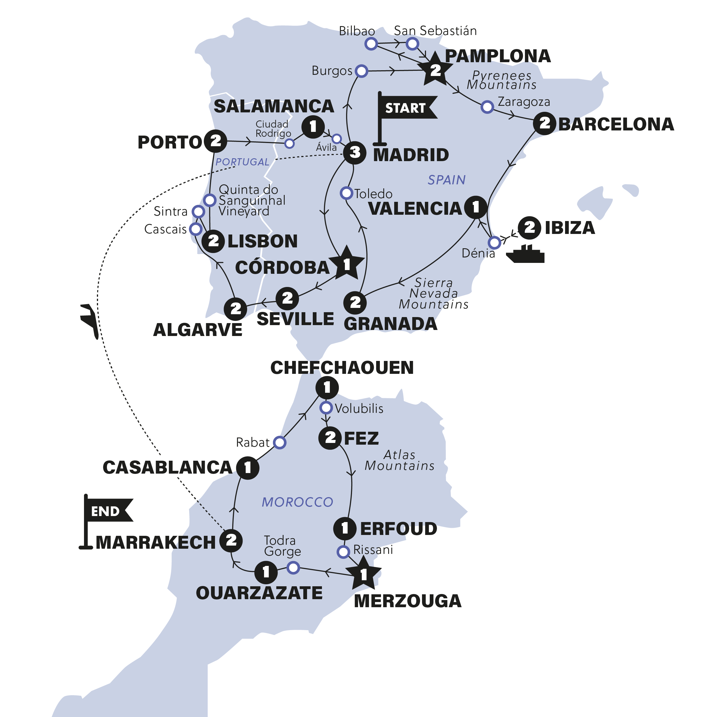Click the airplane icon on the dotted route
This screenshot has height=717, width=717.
click(90, 320)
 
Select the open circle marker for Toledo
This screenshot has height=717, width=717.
click(346, 193)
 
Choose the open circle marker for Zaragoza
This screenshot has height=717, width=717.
click(487, 107)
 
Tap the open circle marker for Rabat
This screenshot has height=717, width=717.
click(280, 442)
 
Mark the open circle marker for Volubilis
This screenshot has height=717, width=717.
click(326, 408)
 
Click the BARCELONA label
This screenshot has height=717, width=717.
click(616, 124)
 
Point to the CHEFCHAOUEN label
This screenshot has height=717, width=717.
click(342, 368)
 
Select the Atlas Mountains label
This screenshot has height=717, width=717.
click(399, 460)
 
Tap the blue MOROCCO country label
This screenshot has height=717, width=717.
click(297, 502)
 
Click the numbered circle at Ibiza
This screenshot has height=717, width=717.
click(529, 228)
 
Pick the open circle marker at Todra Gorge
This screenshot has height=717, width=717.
click(293, 567)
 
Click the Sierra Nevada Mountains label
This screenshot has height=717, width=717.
click(433, 294)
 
